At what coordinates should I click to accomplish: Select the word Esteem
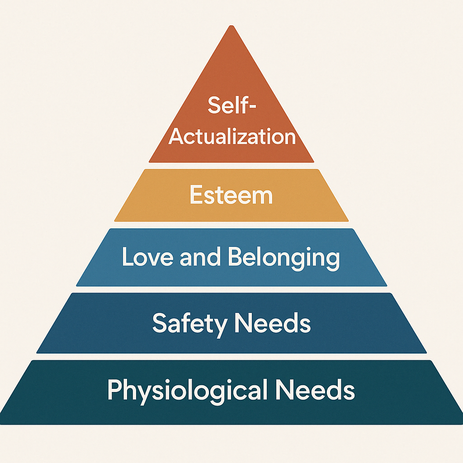point(231,195)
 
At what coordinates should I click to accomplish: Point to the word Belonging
point(283,258)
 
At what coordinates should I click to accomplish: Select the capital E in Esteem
point(195,195)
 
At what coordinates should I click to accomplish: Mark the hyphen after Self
point(252,107)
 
